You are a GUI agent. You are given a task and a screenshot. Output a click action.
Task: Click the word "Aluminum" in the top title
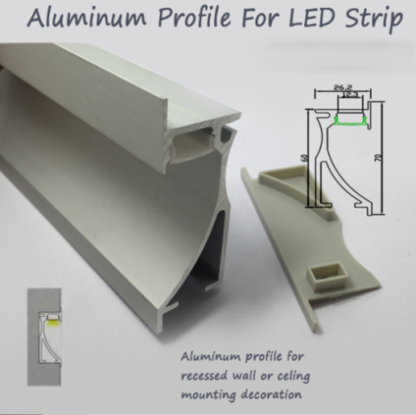pos(87,18)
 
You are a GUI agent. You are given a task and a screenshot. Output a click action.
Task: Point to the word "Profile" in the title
pos(194,18)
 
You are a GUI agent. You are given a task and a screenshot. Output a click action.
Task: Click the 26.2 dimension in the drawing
pos(342,87)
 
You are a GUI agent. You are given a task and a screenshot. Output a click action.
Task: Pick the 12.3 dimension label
pos(350,95)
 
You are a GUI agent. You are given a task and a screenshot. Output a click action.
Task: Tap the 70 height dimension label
pos(380,158)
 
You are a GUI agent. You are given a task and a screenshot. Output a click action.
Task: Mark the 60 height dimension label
pos(306,158)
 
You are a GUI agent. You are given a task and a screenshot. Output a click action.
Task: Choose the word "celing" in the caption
pos(292,377)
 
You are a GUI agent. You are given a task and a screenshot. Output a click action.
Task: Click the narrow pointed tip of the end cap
pos(315,330)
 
